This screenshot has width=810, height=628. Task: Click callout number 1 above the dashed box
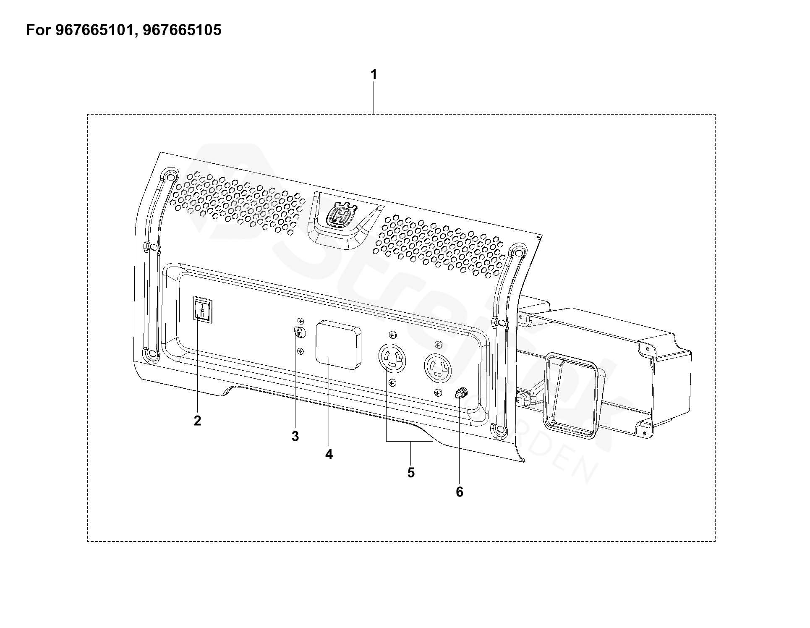point(373,75)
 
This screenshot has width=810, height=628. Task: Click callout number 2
point(197,420)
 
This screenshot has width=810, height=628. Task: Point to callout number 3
point(295,436)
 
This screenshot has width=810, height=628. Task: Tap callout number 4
point(329,454)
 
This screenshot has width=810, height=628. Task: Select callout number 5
point(410,472)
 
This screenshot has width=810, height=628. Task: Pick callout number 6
point(460,492)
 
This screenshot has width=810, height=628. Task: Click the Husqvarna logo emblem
point(340,215)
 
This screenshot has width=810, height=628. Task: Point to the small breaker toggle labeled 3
point(299,332)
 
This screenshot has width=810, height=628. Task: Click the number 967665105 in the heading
point(182,30)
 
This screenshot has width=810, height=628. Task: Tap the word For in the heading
point(39,30)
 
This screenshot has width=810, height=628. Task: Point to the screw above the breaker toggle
point(300,321)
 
